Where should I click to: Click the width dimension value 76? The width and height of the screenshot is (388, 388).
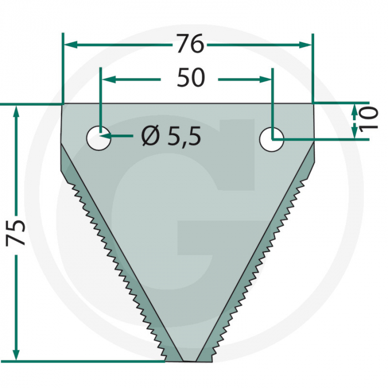[x=190, y=44]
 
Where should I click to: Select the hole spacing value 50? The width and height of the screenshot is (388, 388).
[x=190, y=79]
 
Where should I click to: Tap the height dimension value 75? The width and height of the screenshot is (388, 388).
[x=16, y=232]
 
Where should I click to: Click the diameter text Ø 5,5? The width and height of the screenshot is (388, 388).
[x=170, y=135]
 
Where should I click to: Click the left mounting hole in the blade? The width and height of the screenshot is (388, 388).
[x=99, y=137]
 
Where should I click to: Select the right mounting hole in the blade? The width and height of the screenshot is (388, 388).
[x=272, y=139]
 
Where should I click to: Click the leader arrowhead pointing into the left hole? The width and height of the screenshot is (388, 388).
[x=107, y=136]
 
